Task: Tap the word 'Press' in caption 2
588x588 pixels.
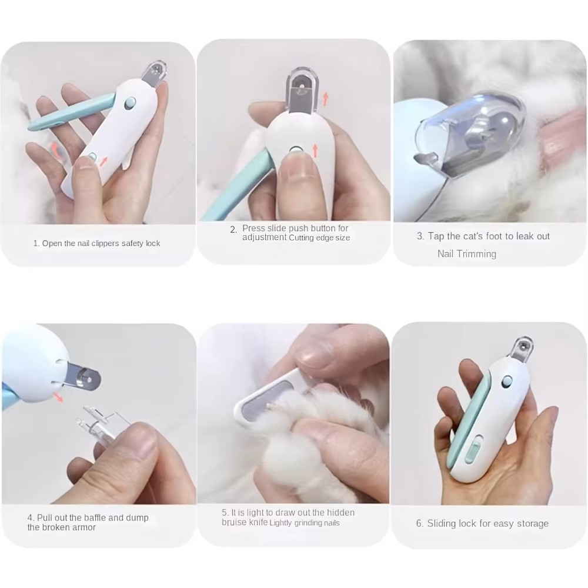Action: pos(253,228)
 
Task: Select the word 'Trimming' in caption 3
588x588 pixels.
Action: pos(479,254)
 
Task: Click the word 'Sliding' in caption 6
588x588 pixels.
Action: pos(441,523)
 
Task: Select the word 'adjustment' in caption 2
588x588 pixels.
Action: pos(265,238)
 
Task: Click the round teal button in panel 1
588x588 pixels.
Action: pos(130,103)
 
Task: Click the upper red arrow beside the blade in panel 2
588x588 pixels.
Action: pos(325,99)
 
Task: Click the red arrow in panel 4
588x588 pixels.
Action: pos(58,397)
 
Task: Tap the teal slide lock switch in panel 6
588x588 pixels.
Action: pos(473,449)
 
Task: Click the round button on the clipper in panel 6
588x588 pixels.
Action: pos(508,383)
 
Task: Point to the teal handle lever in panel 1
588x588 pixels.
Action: pos(71,112)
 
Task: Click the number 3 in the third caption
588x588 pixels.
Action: pos(420,236)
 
